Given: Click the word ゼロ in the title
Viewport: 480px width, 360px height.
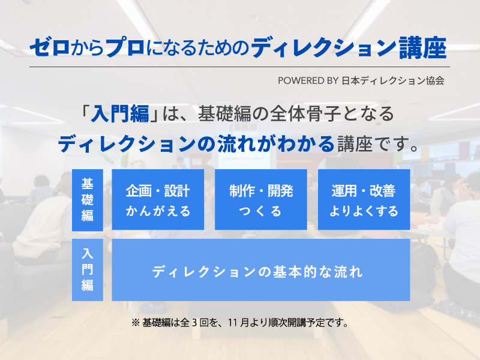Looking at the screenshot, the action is pos(50,48).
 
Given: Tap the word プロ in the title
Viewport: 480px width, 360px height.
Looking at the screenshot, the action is pos(125,48).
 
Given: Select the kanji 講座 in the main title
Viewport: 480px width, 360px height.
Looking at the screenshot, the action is pos(423,48).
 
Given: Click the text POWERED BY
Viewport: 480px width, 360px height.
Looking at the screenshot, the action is pos(308,81).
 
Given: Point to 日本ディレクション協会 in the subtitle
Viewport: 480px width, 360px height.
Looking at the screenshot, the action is pos(393,81).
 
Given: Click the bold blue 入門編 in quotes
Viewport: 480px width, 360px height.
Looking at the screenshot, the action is pos(119,113).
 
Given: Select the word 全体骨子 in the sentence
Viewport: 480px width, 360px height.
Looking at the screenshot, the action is pos(305,113).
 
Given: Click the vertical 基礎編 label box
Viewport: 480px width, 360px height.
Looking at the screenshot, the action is pos(88,200).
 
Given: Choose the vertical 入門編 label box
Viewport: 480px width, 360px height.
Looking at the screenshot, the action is pos(88,269).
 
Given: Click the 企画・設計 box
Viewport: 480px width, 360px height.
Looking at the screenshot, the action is pos(158,199).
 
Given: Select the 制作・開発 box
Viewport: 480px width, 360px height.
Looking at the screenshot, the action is pos(261,199).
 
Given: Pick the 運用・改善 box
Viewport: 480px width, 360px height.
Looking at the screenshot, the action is pos(364,199).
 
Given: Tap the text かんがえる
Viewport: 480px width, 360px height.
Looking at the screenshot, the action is pos(158,211).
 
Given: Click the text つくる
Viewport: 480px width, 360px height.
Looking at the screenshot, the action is pos(260,211).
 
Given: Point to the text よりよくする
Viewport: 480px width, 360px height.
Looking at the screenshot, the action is pos(364,211).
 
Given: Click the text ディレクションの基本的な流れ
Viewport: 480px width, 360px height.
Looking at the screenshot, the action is pos(257,272).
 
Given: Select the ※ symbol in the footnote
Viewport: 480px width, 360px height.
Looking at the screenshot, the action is pos(136,323).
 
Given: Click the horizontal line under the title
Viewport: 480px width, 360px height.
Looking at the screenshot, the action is pos(239,67).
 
